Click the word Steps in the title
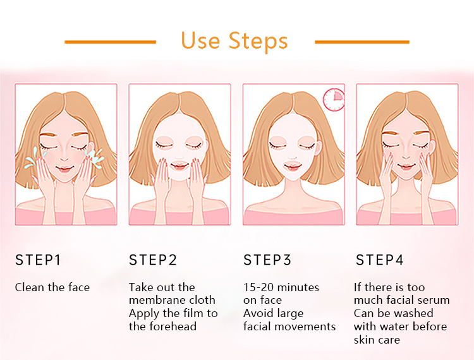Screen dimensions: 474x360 (x=258, y=41)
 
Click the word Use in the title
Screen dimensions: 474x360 (x=200, y=40)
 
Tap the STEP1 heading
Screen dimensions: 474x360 (x=38, y=260)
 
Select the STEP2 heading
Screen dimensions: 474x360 (x=153, y=260)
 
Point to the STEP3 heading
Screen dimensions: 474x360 (x=267, y=260)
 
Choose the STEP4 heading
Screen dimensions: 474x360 (x=379, y=260)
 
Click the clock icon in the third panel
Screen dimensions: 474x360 (x=334, y=100)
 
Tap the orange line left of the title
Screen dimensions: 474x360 (x=111, y=42)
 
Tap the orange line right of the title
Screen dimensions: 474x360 (x=362, y=42)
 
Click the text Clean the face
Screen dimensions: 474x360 (x=52, y=287)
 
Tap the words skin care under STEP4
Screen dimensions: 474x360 (x=377, y=340)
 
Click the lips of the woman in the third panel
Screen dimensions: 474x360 (x=293, y=166)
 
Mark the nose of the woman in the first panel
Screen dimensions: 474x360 (x=64, y=157)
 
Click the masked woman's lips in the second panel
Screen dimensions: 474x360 (x=179, y=166)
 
